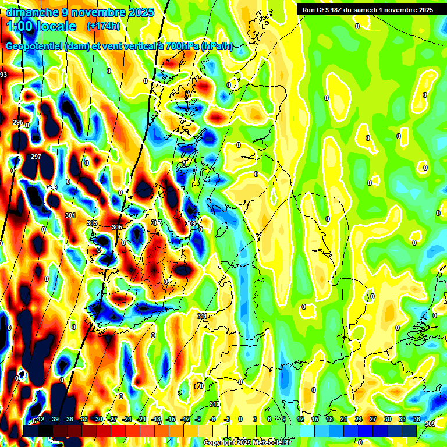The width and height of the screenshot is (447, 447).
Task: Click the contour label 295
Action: pyautogui.click(x=18, y=123)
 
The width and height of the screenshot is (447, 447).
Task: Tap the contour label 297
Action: pyautogui.click(x=36, y=157)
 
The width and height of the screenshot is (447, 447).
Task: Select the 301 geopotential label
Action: pyautogui.click(x=70, y=215)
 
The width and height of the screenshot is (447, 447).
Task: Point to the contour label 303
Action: pyautogui.click(x=91, y=223)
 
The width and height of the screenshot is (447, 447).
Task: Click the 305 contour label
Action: pyautogui.click(x=117, y=227)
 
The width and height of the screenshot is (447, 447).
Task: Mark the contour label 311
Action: pyautogui.click(x=202, y=316)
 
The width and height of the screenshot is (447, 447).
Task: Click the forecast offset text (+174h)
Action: pyautogui.click(x=103, y=26)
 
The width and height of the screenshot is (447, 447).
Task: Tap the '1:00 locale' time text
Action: pyautogui.click(x=41, y=26)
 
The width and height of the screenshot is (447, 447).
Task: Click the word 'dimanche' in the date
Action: pyautogui.click(x=29, y=12)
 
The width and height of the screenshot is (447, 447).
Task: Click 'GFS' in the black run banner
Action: pyautogui.click(x=328, y=10)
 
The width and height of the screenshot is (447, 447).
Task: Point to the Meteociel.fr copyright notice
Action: pyautogui.click(x=247, y=443)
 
